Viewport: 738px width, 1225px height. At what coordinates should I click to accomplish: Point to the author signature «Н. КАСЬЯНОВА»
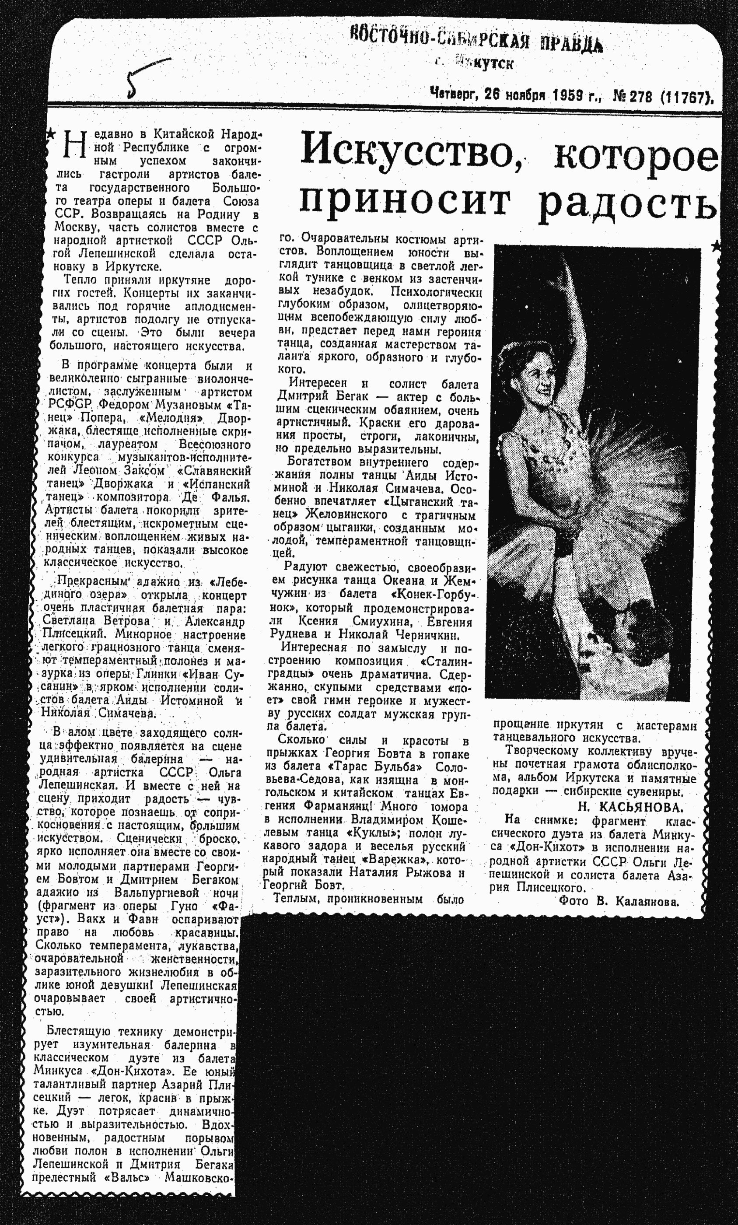(630, 806)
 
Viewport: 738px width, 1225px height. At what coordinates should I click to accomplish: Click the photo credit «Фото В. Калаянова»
(619, 901)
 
